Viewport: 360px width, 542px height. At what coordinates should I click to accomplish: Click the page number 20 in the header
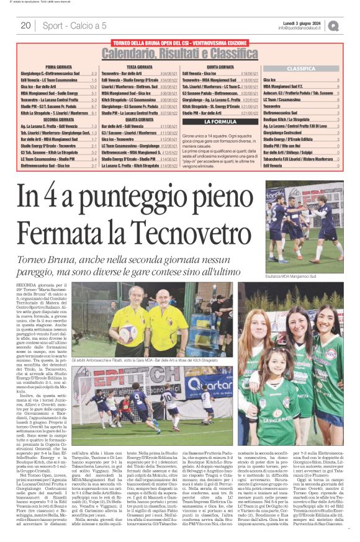click(26, 25)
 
